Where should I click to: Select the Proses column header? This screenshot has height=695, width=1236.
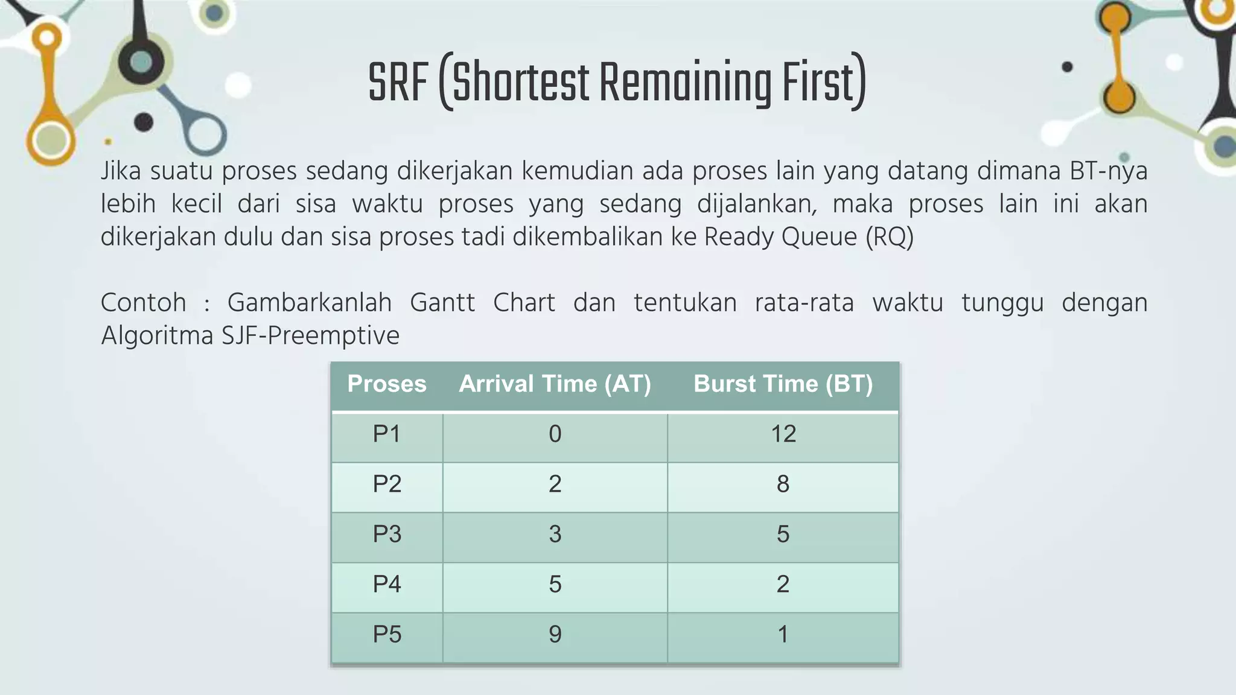[387, 384]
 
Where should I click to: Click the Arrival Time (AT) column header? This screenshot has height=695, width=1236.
[555, 384]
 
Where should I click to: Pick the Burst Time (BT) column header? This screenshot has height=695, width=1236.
[783, 384]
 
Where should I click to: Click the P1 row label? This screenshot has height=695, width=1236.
[387, 434]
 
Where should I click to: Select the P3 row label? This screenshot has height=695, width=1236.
[387, 535]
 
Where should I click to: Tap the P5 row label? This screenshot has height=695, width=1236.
[387, 635]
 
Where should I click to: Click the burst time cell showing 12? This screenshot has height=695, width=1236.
[783, 434]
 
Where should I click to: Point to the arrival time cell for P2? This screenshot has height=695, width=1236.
[555, 484]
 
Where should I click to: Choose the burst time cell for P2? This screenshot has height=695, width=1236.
[783, 484]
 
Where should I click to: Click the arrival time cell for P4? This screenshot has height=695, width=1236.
[555, 585]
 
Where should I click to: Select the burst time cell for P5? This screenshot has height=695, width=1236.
[783, 635]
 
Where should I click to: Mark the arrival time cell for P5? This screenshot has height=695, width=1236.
[555, 635]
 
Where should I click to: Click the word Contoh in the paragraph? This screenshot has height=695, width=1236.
[143, 303]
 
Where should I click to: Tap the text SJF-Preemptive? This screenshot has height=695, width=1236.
[310, 336]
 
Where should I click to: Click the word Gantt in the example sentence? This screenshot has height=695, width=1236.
[442, 303]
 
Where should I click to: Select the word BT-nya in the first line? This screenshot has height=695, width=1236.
[1108, 171]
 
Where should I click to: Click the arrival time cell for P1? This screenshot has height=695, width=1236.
[555, 434]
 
